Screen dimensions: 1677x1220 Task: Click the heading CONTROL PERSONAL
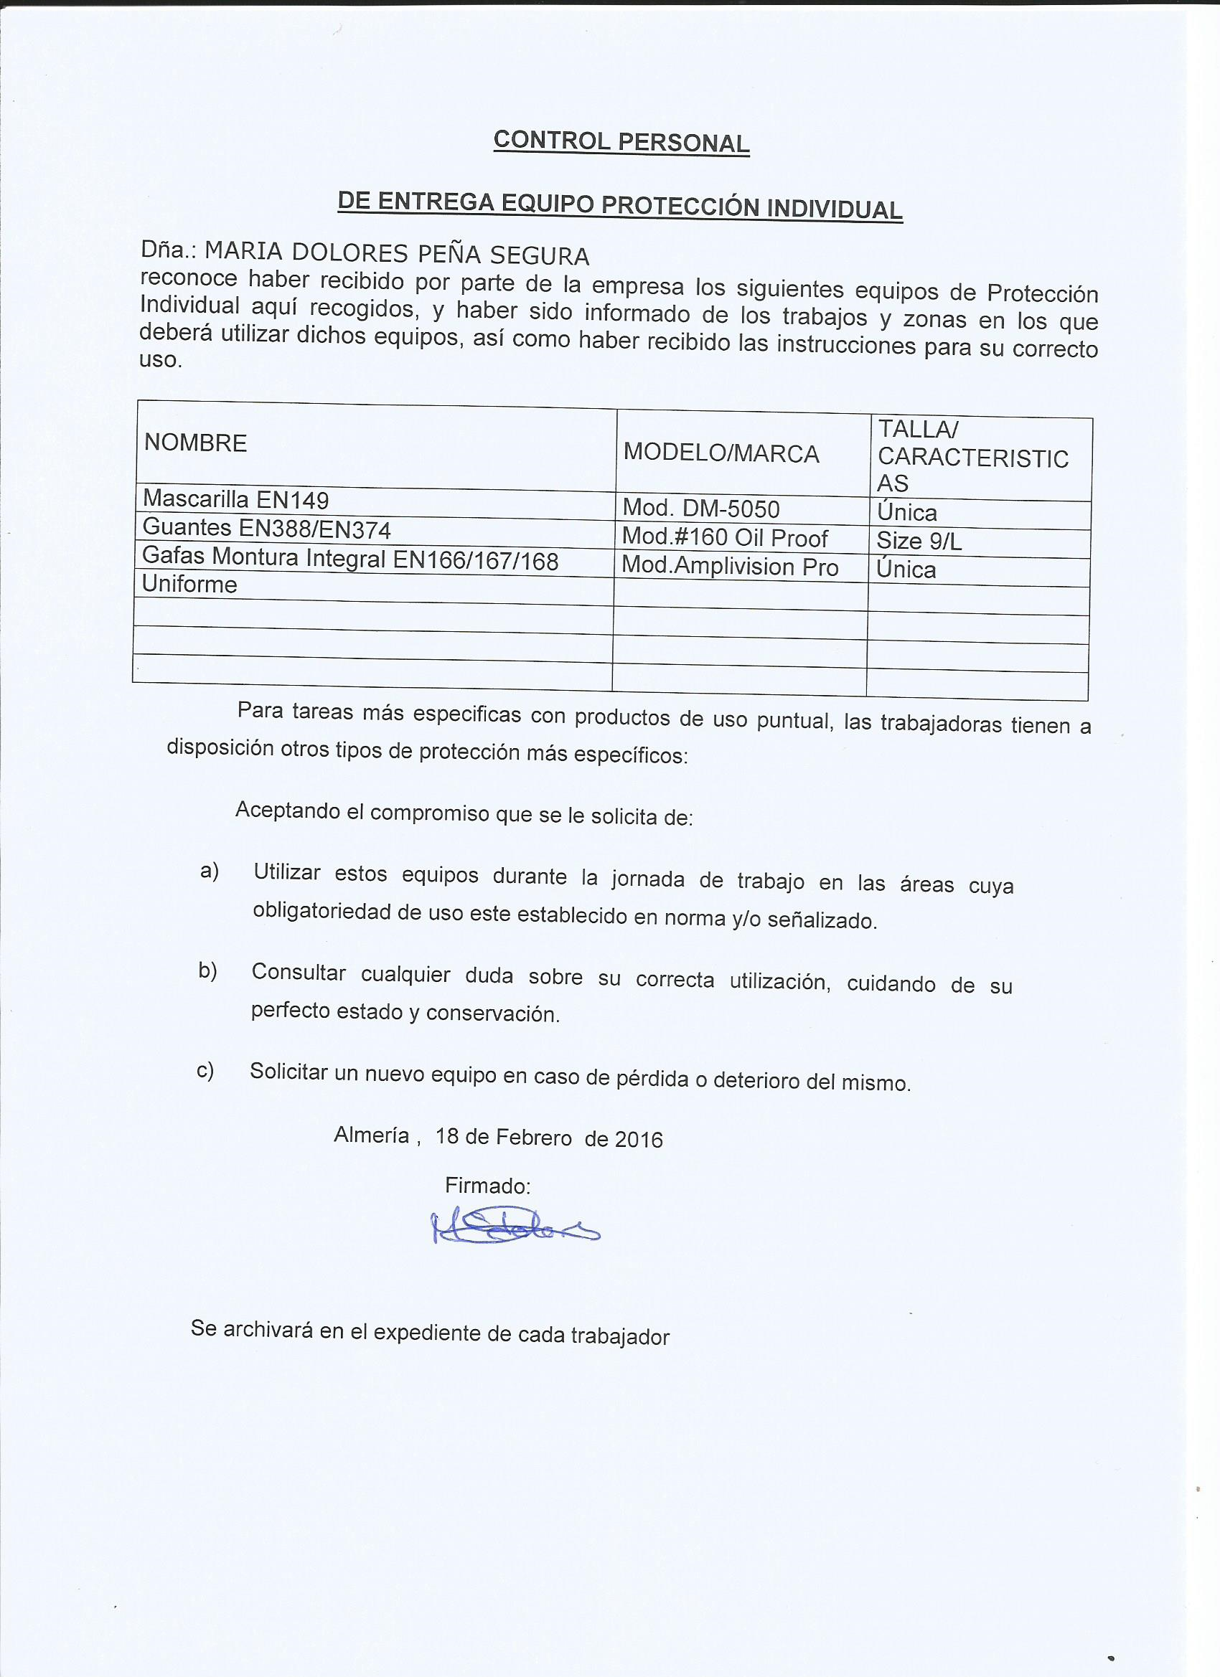(x=621, y=141)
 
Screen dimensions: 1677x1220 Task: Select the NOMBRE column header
(x=195, y=443)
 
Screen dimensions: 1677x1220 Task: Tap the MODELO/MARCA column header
(x=721, y=453)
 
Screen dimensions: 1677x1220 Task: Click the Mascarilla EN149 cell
(x=235, y=500)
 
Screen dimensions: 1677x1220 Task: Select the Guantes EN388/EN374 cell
(x=266, y=529)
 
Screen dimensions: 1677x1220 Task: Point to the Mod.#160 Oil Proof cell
(x=724, y=537)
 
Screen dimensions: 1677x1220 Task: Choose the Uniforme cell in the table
(x=189, y=584)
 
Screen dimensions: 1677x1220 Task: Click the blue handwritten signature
(x=514, y=1228)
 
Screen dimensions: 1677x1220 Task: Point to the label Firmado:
(x=487, y=1186)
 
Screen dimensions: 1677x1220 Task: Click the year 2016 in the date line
(x=639, y=1140)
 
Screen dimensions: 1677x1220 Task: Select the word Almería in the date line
(x=372, y=1134)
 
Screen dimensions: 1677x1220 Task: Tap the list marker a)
(x=210, y=871)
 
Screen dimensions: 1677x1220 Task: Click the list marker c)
(x=205, y=1070)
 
